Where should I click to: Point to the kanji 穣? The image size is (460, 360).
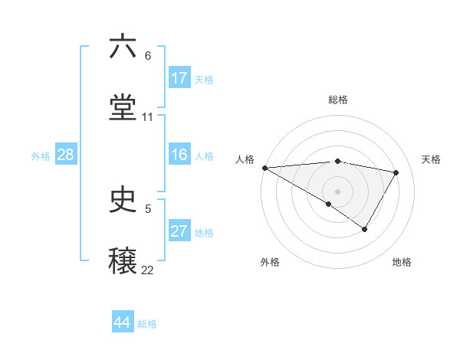click(x=123, y=259)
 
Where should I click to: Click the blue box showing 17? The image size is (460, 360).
click(x=179, y=78)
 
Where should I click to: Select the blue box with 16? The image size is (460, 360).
click(x=179, y=155)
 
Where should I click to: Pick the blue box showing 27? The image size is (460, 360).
click(x=179, y=232)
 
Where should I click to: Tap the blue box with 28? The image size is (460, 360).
click(x=65, y=155)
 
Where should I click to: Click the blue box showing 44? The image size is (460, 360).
click(x=123, y=322)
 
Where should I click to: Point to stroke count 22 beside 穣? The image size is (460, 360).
click(x=148, y=270)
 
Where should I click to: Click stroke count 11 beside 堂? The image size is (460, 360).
click(x=148, y=116)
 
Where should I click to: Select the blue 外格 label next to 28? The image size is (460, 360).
click(x=41, y=156)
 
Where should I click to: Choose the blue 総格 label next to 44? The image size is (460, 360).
click(x=147, y=324)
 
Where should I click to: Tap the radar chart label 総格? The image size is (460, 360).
click(x=338, y=100)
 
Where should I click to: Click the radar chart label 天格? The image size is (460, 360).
click(x=432, y=159)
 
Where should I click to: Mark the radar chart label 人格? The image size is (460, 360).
click(x=245, y=159)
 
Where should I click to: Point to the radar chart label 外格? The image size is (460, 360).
click(x=270, y=262)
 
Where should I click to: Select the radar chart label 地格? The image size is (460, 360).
click(x=402, y=262)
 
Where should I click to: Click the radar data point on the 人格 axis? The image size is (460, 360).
click(x=264, y=168)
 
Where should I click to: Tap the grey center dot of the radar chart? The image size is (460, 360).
click(x=337, y=191)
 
